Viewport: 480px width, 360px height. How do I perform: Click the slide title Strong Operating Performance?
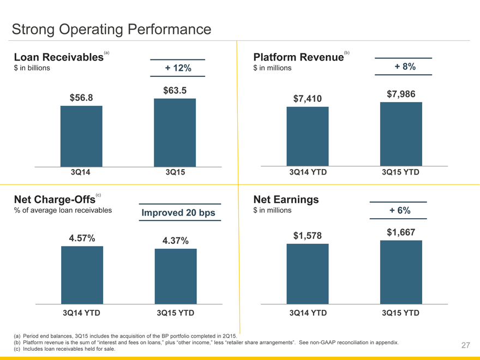tap(111, 29)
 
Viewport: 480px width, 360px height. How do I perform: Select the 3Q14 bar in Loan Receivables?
tap(81, 136)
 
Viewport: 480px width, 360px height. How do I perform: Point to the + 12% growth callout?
tap(178, 68)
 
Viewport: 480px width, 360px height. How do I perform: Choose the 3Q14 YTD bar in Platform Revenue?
tap(308, 136)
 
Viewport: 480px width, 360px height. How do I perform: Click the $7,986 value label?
tap(401, 94)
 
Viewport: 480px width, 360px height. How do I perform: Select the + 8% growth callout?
tap(404, 67)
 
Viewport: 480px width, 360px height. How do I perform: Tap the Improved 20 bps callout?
tap(178, 212)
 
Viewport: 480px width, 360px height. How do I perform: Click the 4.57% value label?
tap(82, 238)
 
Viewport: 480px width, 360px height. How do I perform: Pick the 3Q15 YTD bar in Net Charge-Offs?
tap(175, 276)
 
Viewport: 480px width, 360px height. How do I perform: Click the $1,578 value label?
tap(308, 236)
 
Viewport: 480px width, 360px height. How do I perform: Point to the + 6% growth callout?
tap(400, 211)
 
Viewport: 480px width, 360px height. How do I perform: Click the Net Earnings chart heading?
tap(286, 200)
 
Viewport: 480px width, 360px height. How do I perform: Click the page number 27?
tap(465, 345)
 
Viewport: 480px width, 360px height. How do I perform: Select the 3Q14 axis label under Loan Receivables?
tap(81, 172)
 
